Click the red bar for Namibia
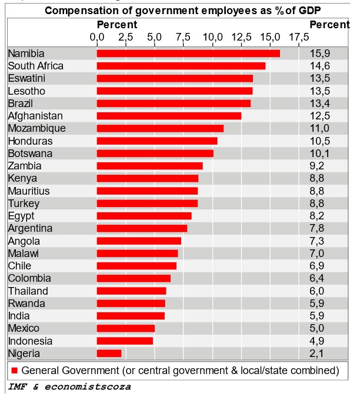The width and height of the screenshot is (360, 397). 188,54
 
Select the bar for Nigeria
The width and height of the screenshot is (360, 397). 109,353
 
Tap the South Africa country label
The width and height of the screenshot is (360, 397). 36,66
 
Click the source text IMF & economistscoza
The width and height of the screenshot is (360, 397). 69,386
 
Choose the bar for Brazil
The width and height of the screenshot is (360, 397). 174,104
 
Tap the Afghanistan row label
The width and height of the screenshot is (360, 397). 35,116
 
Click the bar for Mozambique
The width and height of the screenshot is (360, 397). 160,128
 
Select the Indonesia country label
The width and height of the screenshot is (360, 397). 30,341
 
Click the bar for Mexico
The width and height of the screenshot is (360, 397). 126,328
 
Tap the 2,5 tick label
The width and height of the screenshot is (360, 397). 125,37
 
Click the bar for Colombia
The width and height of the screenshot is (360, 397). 134,278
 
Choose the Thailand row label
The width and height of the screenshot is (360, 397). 28,291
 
